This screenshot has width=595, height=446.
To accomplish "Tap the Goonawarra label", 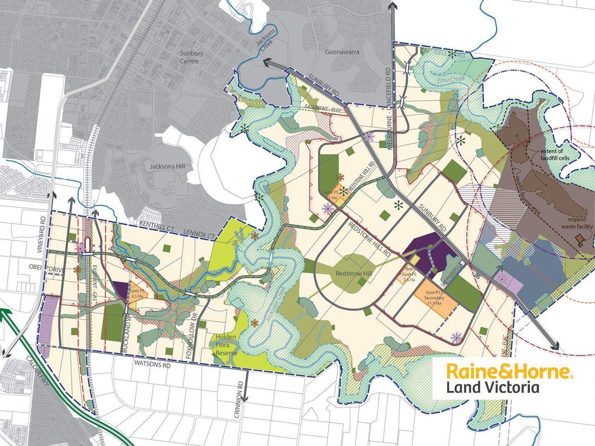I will pos(342,52).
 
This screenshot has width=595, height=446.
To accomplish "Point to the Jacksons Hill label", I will pos(167,166).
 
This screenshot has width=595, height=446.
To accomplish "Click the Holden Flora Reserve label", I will pos(225,345).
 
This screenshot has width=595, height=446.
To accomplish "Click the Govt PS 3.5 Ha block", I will pos(137,292).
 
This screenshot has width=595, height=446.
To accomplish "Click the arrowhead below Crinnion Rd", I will pos(245,399).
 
